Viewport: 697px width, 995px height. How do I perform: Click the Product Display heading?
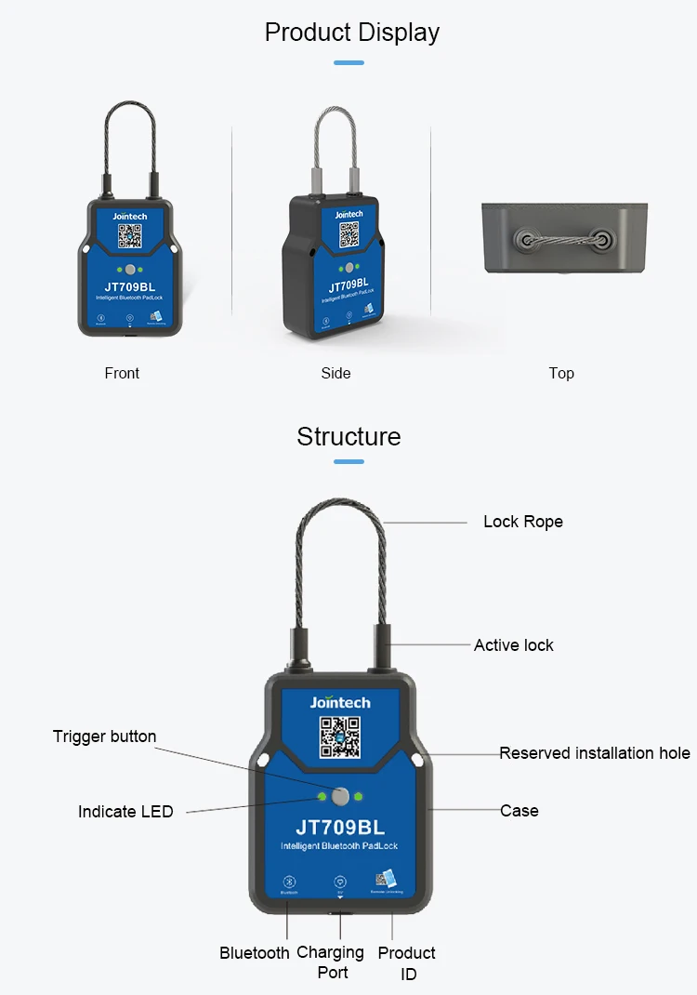(x=351, y=33)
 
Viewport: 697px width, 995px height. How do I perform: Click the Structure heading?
(x=348, y=436)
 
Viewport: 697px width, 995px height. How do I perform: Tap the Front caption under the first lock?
(x=122, y=373)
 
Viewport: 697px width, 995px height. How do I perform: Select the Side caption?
(x=335, y=373)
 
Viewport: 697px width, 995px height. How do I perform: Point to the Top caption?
(x=561, y=373)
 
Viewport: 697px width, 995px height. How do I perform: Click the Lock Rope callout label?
(x=522, y=522)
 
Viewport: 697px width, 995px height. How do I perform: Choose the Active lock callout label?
(x=513, y=645)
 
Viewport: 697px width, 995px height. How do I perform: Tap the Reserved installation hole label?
(x=595, y=753)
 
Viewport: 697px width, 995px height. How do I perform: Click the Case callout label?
(x=519, y=811)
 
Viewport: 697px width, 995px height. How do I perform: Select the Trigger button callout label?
(x=104, y=736)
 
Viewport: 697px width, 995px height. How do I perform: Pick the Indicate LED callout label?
(x=125, y=812)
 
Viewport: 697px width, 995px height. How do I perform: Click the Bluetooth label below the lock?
(x=255, y=953)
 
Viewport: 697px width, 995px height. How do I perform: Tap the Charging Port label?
(x=331, y=962)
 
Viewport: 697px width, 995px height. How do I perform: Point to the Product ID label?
(x=407, y=963)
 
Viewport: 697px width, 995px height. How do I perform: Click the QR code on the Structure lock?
(x=339, y=737)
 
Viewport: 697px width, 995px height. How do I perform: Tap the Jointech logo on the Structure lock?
(x=339, y=702)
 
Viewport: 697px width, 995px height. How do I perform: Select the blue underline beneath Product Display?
(x=348, y=63)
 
